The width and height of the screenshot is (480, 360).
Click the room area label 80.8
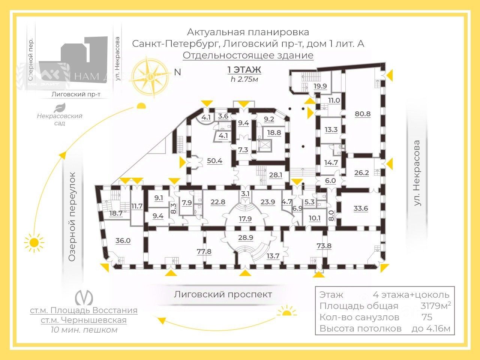[363, 114]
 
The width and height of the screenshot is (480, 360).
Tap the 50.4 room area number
[214, 161]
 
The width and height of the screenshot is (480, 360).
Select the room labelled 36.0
[123, 240]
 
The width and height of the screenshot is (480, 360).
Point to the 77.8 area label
[204, 251]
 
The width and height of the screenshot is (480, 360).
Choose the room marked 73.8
[324, 246]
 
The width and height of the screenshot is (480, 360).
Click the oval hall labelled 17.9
[245, 219]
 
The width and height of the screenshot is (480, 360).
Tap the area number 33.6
[361, 208]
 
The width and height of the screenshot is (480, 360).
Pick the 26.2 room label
[361, 173]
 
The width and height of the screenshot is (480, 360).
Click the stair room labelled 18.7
[116, 213]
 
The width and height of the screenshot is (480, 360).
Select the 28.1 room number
[276, 175]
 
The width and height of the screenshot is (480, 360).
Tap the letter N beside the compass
[178, 72]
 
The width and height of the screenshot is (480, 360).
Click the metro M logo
[84, 297]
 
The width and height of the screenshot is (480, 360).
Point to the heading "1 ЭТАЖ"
[244, 70]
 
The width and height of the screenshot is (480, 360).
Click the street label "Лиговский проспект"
[223, 294]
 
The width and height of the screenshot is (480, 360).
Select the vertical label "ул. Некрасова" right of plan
[417, 173]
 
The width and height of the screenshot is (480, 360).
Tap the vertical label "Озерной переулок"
[72, 216]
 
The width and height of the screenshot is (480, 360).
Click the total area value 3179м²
[435, 306]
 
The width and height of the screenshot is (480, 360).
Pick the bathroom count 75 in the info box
[427, 317]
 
